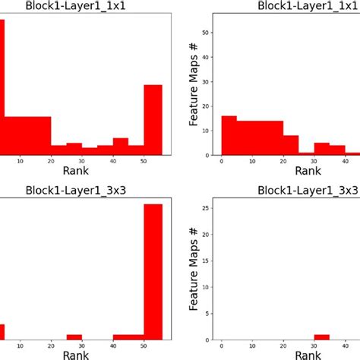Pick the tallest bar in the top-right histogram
pos(229,135)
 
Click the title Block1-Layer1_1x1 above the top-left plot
pos(83,6)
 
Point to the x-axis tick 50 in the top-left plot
pos(144,161)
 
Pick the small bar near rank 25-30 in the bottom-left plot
pos(74,336)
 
